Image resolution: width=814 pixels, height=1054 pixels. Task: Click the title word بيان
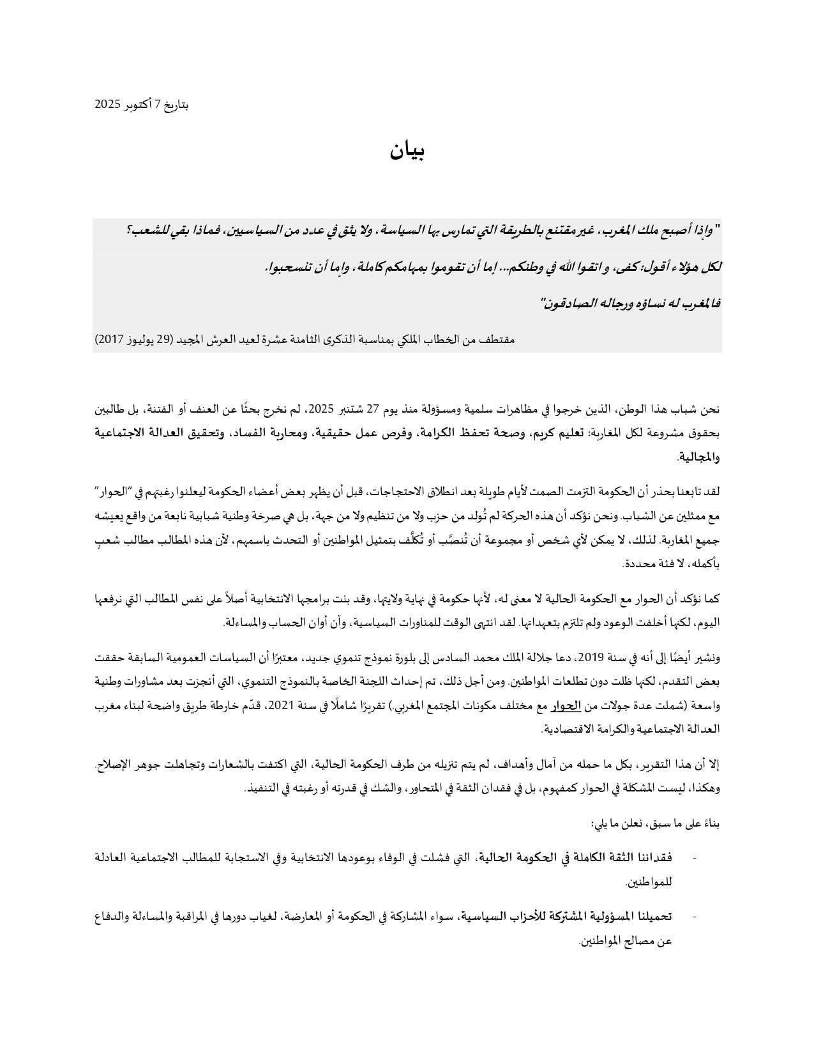coord(407,151)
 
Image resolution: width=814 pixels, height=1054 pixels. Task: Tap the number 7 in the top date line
coord(158,104)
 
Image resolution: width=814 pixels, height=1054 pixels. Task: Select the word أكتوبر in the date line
coord(137,104)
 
